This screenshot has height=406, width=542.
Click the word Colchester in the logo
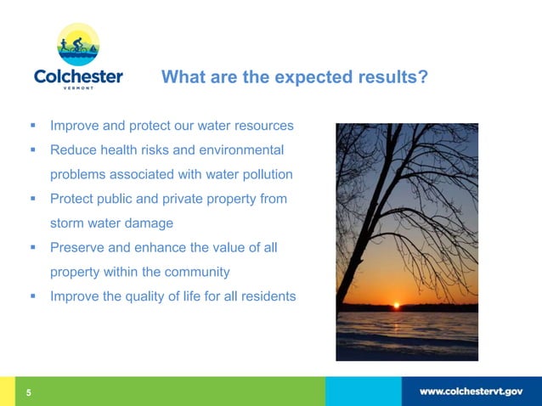point(78,77)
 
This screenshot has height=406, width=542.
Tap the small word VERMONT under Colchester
point(78,91)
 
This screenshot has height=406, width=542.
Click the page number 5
point(28,392)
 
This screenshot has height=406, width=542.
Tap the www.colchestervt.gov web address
point(471,392)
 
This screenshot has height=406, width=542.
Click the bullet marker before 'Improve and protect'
point(33,126)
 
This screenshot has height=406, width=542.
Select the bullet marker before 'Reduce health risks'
point(33,150)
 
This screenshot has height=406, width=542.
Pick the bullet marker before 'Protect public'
point(33,199)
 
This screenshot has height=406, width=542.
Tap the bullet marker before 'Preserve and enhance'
point(33,248)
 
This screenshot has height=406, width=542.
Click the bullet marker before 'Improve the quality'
point(33,296)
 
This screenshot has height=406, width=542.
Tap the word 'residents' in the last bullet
point(267,296)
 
